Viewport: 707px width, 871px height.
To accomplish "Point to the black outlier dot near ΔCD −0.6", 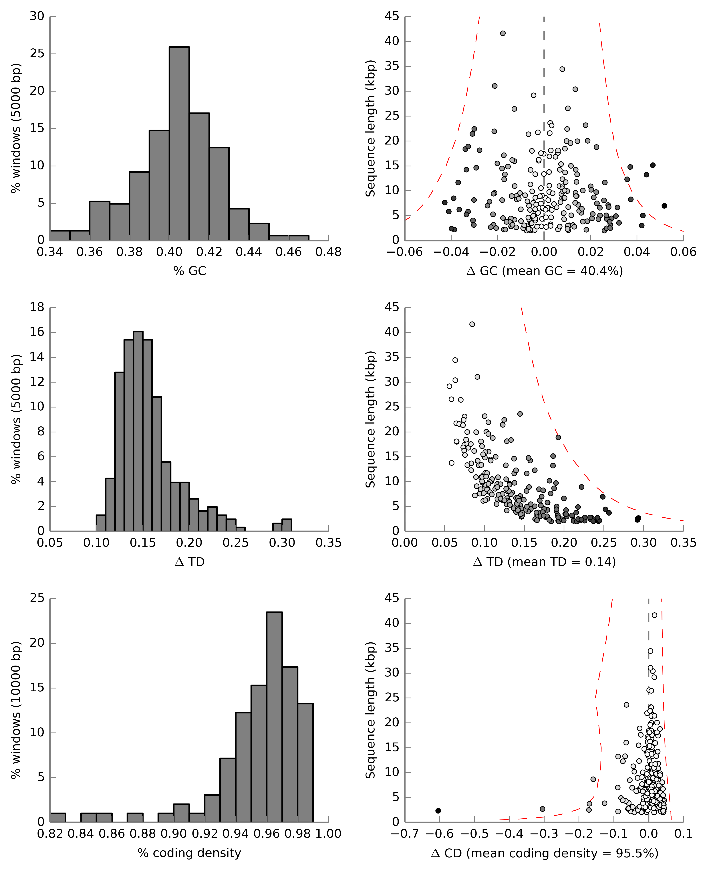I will tap(438, 811).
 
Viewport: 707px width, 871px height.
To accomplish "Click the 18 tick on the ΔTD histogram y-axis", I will tap(37, 307).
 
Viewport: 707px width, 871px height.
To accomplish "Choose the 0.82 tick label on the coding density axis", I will tap(50, 834).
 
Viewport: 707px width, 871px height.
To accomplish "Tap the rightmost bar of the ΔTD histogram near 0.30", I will tap(287, 525).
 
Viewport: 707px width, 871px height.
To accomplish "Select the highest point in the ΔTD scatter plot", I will tap(472, 324).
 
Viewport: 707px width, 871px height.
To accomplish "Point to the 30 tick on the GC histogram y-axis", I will tap(37, 16).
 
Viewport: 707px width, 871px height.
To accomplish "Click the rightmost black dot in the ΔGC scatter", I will tap(664, 206).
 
